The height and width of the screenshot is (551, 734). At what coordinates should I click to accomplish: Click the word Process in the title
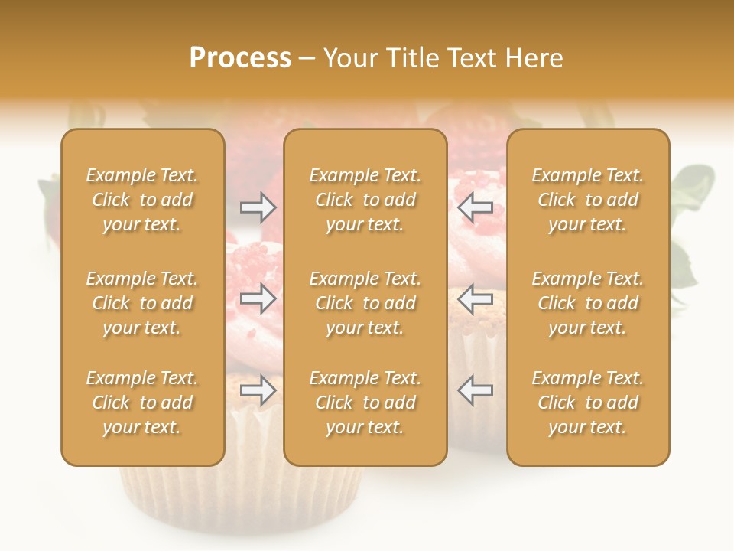point(240,58)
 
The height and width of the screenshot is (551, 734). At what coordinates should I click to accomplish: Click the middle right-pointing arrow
point(258,298)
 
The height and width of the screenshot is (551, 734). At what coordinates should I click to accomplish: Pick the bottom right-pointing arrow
point(258,390)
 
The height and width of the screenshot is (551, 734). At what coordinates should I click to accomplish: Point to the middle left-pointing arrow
point(475,298)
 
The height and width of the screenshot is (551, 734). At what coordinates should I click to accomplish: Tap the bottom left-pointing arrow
point(475,390)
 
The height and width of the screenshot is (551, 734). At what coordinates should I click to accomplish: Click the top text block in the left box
point(142,200)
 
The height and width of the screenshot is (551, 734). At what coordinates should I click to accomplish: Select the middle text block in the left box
point(142,303)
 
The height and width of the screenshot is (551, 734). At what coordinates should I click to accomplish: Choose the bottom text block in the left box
point(142,403)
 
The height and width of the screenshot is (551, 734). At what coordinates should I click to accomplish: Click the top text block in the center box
point(365,200)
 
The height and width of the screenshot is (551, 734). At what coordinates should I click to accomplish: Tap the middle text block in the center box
point(365,303)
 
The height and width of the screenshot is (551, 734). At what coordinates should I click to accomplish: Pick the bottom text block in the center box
point(365,403)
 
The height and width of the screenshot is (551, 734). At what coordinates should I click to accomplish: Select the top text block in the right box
point(588,200)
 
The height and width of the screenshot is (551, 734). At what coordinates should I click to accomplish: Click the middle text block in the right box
point(588,303)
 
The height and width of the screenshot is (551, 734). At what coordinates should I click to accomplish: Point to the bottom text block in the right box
point(588,403)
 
